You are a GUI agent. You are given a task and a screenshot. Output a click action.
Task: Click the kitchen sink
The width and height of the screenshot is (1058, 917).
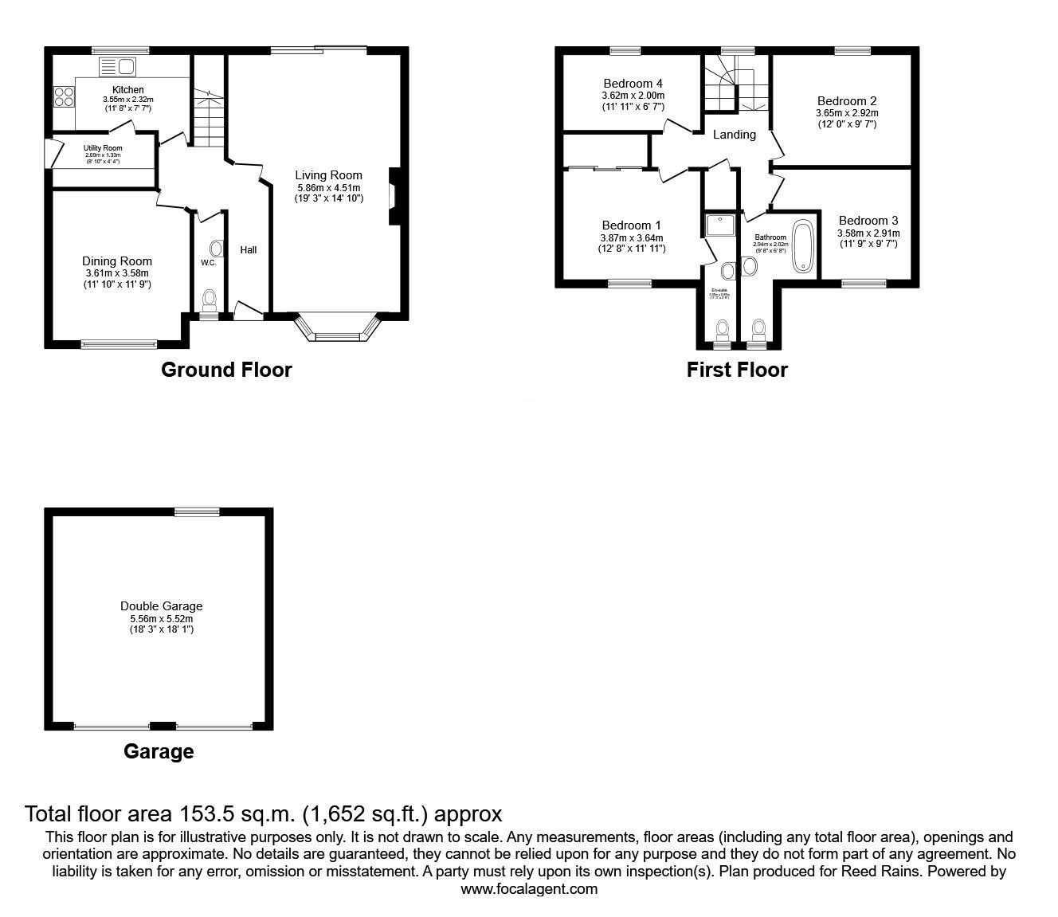[x=118, y=66]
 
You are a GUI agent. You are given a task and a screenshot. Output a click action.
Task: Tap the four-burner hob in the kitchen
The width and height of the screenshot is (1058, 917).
[x=64, y=96]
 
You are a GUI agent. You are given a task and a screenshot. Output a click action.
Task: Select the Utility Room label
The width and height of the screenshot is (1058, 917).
[x=103, y=148]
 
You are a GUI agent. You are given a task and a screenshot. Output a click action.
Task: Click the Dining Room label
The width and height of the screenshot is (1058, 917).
[x=117, y=261]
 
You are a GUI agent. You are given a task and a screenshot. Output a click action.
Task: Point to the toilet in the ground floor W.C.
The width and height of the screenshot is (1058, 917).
[x=210, y=300]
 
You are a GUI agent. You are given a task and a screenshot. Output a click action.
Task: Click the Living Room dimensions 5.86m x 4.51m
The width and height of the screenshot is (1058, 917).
[x=328, y=188]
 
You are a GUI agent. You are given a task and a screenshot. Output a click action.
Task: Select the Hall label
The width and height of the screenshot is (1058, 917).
[x=249, y=250]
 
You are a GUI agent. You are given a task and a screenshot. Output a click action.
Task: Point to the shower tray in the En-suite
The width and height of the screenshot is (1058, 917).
[x=721, y=226]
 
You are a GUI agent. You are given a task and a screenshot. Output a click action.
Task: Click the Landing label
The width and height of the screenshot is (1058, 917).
[x=734, y=135]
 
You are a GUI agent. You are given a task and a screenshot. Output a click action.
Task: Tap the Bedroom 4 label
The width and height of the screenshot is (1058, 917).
[x=633, y=84]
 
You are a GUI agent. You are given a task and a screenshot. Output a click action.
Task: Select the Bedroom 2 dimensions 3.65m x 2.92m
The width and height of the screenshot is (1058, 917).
[x=846, y=114]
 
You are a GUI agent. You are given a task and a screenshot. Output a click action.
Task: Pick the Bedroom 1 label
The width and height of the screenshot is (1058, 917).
[x=631, y=225]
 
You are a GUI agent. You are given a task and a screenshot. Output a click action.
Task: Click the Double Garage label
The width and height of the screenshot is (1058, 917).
[x=162, y=606]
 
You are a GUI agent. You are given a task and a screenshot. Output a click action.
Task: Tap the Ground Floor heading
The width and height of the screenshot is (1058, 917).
[x=226, y=370]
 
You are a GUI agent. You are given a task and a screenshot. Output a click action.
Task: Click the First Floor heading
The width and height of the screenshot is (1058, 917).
[x=737, y=370]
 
